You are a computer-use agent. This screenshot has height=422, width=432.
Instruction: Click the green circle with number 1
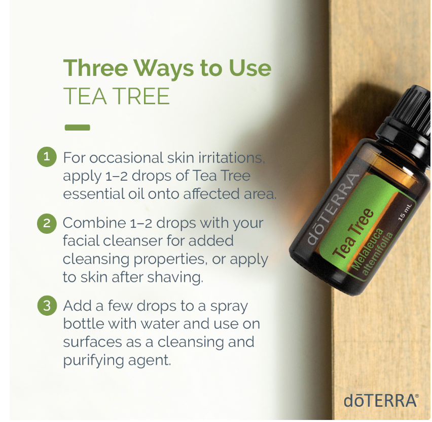click(47, 157)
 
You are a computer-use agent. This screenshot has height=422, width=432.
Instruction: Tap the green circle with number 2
click(47, 224)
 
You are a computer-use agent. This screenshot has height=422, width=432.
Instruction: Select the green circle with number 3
click(47, 306)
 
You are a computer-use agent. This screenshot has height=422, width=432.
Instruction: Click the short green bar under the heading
click(77, 128)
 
